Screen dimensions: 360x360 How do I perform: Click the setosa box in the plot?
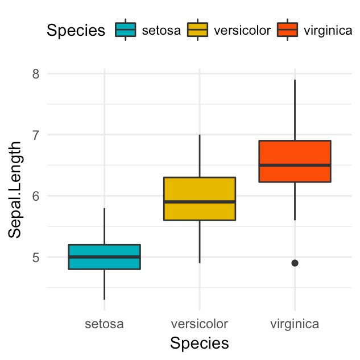pyautogui.click(x=104, y=250)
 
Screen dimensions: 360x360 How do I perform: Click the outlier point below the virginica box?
pyautogui.click(x=295, y=263)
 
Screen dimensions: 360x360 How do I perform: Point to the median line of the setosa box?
pyautogui.click(x=104, y=256)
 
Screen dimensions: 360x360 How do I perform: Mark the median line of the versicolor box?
pyautogui.click(x=200, y=202)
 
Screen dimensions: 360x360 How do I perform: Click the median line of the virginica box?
pyautogui.click(x=295, y=165)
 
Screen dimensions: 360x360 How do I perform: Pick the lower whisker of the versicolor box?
pyautogui.click(x=200, y=242)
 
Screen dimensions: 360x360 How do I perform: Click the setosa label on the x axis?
pyautogui.click(x=104, y=324)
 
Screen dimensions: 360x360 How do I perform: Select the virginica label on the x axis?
pyautogui.click(x=295, y=324)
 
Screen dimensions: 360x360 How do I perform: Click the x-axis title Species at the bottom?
pyautogui.click(x=200, y=344)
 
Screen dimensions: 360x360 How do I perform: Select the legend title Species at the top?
pyautogui.click(x=76, y=30)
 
